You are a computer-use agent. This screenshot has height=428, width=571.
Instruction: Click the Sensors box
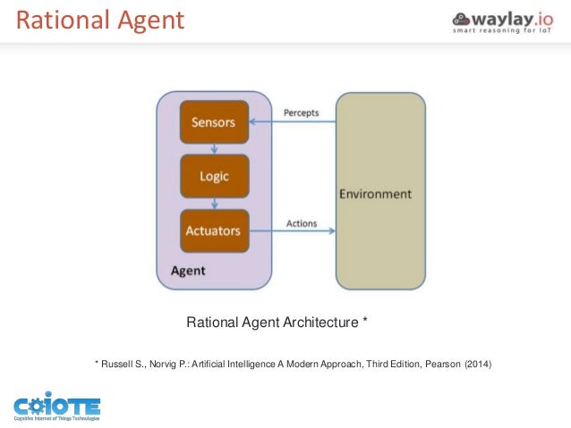214,122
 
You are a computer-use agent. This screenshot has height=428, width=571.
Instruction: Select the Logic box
214,176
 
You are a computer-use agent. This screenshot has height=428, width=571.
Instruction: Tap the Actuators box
214,231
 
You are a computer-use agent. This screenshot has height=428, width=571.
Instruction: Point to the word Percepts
301,113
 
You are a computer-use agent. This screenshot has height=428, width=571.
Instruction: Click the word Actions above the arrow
301,222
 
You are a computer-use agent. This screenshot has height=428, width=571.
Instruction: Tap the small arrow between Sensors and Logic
214,149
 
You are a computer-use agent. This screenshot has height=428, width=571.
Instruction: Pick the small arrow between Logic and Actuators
214,204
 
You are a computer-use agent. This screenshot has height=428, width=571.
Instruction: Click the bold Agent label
187,270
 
